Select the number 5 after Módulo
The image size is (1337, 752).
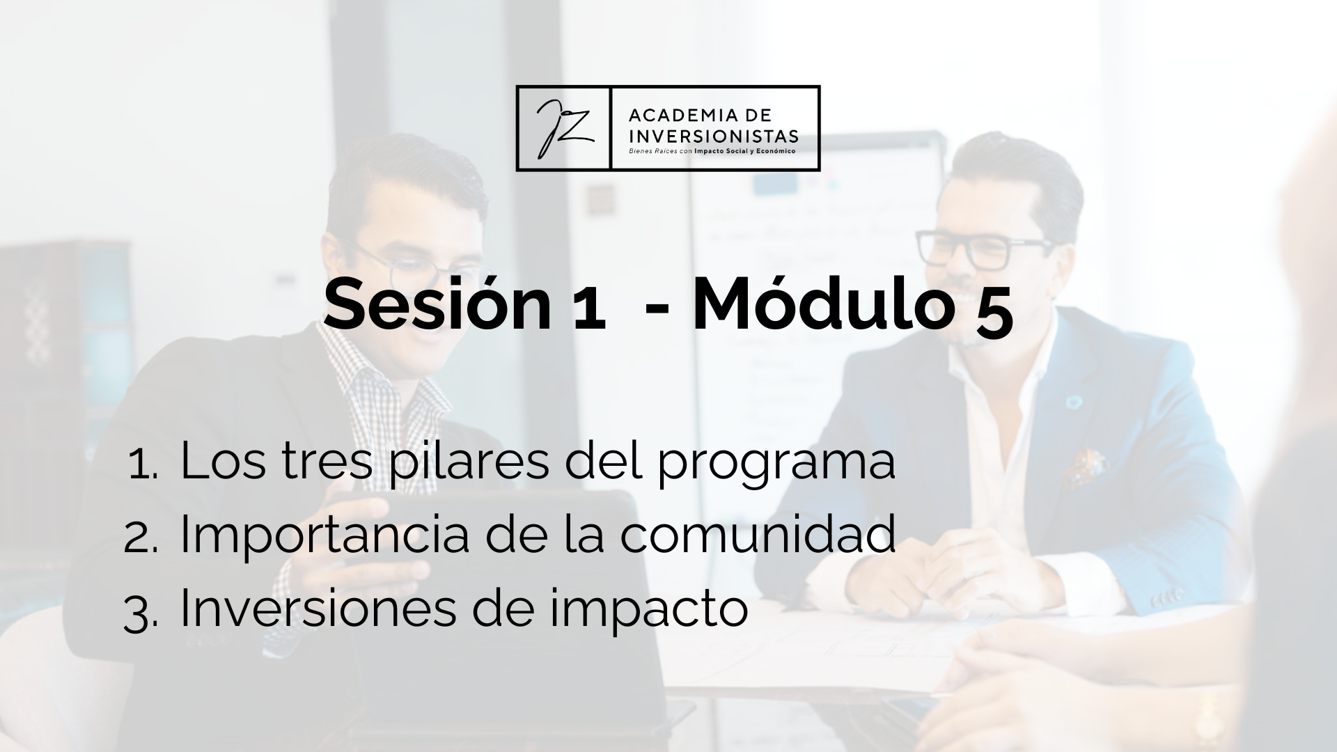992,311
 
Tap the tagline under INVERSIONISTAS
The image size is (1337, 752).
712,150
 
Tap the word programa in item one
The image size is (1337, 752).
776,466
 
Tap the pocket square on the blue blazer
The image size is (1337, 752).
1084,466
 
